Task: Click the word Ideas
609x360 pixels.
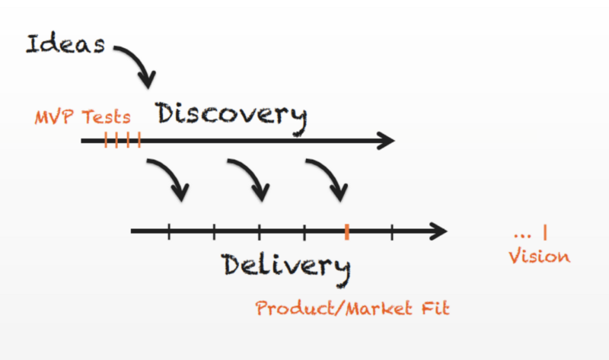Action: (65, 43)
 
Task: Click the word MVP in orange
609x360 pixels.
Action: (54, 117)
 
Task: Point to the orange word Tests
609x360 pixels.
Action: (106, 117)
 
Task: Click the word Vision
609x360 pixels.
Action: (540, 256)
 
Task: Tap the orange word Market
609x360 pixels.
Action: (378, 308)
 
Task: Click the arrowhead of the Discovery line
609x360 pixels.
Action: (386, 141)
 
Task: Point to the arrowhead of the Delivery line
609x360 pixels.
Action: (439, 231)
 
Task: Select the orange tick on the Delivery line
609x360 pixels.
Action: (347, 232)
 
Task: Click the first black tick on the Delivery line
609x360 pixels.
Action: (169, 231)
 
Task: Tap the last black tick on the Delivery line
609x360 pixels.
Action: (392, 231)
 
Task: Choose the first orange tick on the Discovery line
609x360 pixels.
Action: (106, 140)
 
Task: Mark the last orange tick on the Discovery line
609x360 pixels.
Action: (139, 140)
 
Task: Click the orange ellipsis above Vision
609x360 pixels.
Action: (522, 235)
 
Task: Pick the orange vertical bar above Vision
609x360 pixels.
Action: (545, 232)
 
